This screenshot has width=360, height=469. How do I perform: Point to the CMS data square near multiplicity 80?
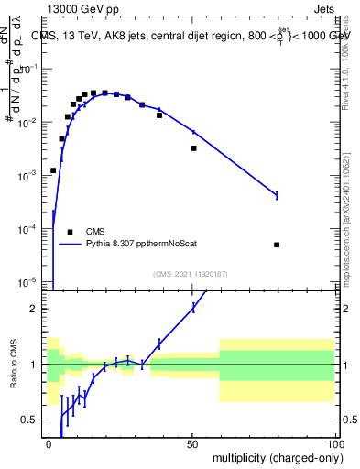coord(277,245)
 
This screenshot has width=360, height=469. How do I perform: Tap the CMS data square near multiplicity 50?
coord(193,148)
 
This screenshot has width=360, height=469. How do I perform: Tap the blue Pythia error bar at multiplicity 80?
coord(277,195)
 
